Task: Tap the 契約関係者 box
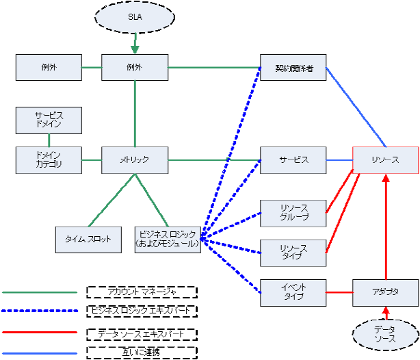[x=293, y=68]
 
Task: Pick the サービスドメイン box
[x=49, y=120]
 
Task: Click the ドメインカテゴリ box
[x=49, y=160]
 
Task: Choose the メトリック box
[x=135, y=160]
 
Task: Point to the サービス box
[x=293, y=160]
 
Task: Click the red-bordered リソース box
[x=385, y=160]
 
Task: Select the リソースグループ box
[x=293, y=213]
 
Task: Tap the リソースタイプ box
[x=293, y=253]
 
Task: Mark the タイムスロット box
[x=88, y=239]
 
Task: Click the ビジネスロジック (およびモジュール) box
[x=168, y=239]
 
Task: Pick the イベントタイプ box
[x=293, y=292]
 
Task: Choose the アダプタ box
[x=385, y=292]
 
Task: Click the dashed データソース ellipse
[x=385, y=335]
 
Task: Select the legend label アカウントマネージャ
[x=142, y=292]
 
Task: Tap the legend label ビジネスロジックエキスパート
[x=142, y=311]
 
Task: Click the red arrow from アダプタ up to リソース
[x=385, y=226]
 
